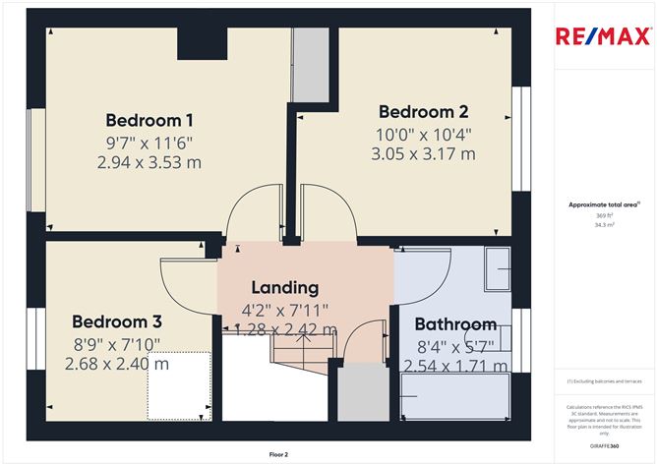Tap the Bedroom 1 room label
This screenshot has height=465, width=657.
click(149, 121)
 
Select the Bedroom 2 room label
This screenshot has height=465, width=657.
click(423, 111)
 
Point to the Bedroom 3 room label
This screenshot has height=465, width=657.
click(117, 321)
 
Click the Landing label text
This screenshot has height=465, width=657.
click(284, 288)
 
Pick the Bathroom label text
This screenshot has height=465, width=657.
click(454, 324)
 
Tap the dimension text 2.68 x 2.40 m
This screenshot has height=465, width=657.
click(117, 364)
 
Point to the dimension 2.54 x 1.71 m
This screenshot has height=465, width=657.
click(455, 366)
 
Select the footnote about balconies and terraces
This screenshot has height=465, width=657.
click(604, 380)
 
